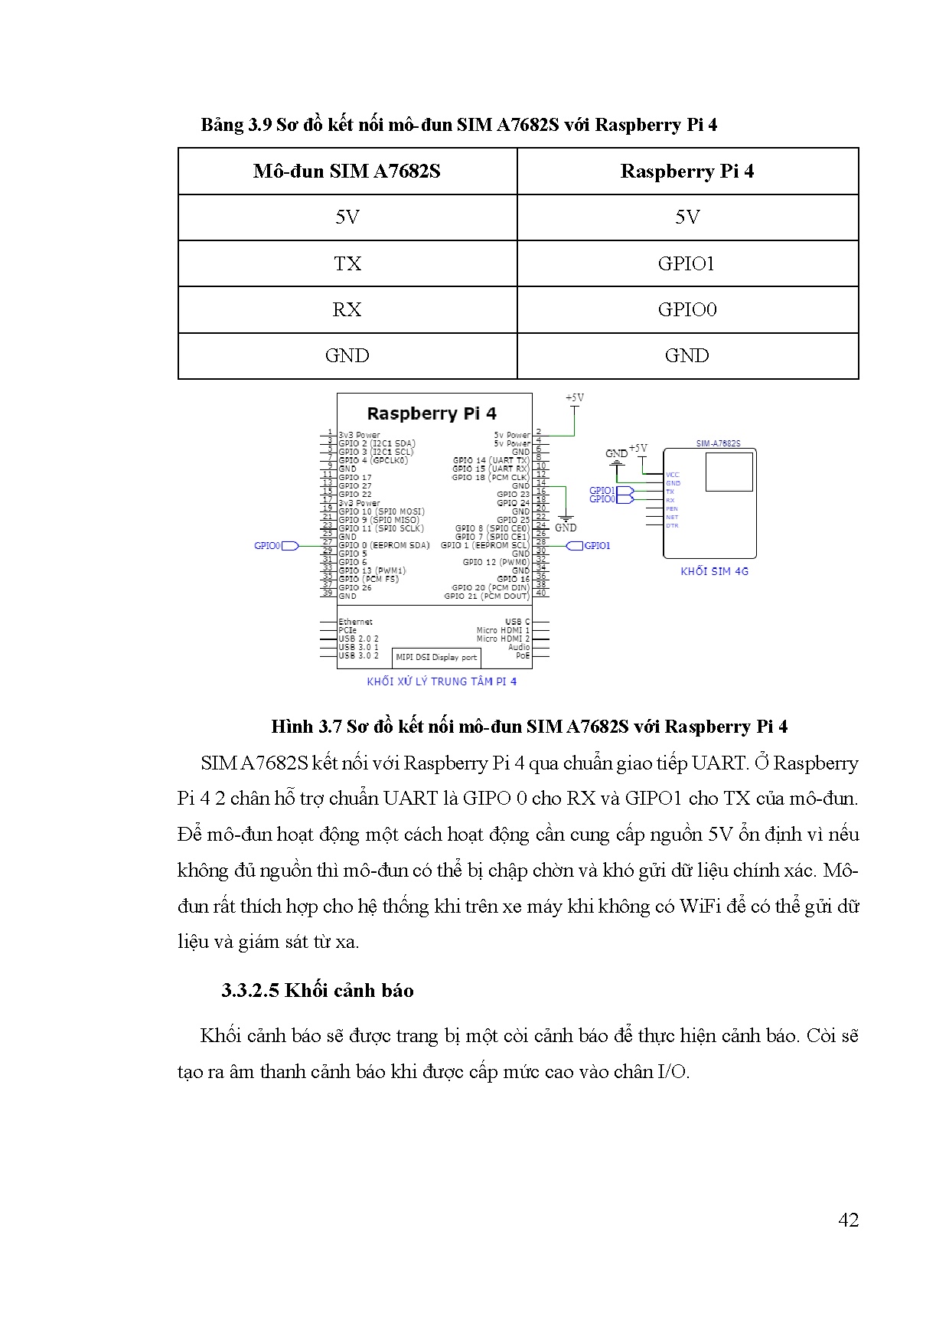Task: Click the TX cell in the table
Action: (347, 264)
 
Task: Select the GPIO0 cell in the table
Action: (686, 310)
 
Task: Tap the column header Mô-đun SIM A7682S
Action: (347, 172)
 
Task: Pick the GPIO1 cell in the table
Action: (686, 264)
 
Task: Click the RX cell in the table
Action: (347, 310)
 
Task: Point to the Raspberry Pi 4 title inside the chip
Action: (432, 414)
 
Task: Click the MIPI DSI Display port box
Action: (436, 657)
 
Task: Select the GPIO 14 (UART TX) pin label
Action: (491, 460)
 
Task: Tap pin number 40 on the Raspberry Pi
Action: (541, 593)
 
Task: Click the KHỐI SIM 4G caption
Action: (714, 571)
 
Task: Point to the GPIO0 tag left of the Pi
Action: (267, 546)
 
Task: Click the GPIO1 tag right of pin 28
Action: (597, 546)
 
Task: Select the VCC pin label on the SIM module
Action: (673, 475)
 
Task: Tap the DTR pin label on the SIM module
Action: (672, 525)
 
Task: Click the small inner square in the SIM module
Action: (729, 472)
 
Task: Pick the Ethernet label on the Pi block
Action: (356, 622)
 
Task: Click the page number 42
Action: (848, 1220)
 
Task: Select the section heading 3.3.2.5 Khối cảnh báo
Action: (318, 991)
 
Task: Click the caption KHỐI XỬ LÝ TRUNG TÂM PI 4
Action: (442, 681)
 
